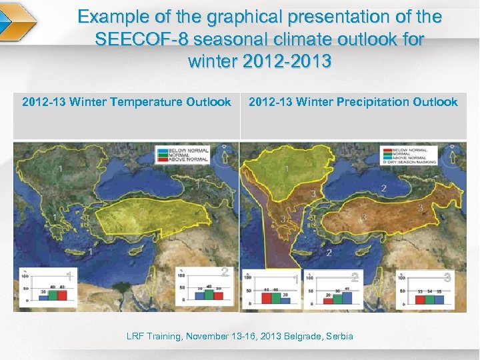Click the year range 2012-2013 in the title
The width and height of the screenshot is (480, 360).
click(260, 62)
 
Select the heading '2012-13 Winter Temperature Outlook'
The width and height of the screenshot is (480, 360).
click(127, 102)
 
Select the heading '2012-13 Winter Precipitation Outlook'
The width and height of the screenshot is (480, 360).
click(353, 102)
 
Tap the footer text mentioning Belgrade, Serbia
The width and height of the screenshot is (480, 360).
click(240, 336)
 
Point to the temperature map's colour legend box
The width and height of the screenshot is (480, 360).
click(182, 155)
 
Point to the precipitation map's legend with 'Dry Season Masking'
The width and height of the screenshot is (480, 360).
click(409, 155)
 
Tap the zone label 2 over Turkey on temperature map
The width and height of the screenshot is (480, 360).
click(141, 212)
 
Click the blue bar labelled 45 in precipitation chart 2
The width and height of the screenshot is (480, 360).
click(347, 295)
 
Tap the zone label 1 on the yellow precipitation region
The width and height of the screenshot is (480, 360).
click(287, 169)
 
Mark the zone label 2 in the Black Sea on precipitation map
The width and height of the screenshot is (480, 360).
click(383, 189)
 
